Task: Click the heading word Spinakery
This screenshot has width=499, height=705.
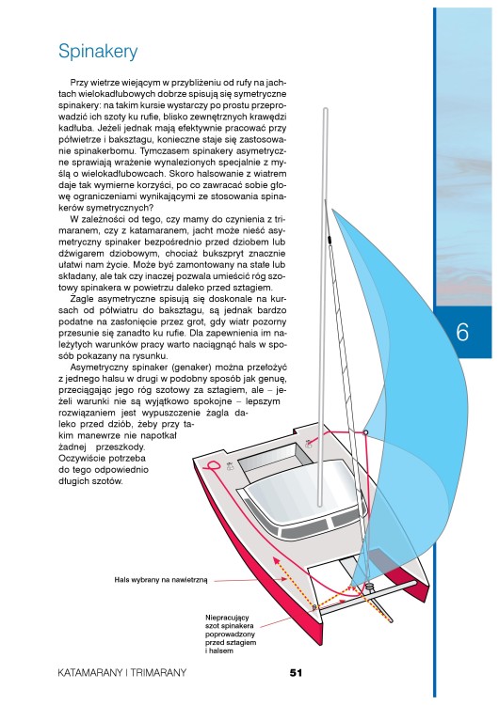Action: [98, 52]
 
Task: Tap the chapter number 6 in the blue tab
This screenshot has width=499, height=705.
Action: [462, 332]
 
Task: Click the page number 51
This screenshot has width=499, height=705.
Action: [296, 673]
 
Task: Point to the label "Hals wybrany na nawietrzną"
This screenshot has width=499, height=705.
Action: [161, 580]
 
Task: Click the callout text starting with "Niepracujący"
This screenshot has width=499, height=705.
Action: [231, 634]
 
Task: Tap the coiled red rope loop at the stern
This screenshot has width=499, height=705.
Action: [211, 466]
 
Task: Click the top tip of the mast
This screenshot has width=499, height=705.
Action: [326, 109]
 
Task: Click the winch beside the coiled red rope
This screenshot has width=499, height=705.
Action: [229, 466]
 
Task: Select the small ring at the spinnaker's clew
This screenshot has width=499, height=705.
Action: [365, 433]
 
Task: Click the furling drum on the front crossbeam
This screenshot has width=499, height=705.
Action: [369, 587]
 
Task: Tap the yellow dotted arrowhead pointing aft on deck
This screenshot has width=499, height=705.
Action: [276, 560]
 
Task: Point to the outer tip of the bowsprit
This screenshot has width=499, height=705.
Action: [391, 621]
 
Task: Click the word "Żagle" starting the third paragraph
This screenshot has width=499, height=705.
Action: [82, 300]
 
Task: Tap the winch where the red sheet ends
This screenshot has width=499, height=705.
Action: [309, 444]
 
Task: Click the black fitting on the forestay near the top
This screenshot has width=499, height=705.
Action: [330, 239]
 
